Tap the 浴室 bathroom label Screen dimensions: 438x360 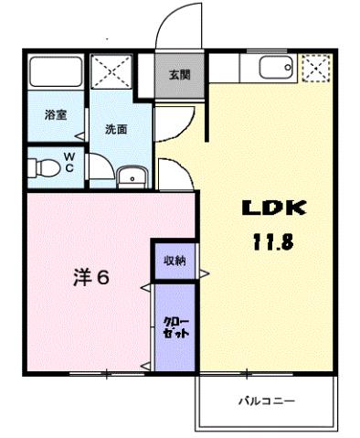pyautogui.click(x=56, y=115)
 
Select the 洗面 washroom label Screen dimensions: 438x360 pyautogui.click(x=116, y=130)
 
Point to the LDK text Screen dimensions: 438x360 pyautogui.click(x=273, y=208)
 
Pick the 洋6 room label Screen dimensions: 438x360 pyautogui.click(x=90, y=277)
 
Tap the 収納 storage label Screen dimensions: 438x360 pyautogui.click(x=175, y=261)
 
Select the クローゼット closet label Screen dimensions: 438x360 pyautogui.click(x=175, y=326)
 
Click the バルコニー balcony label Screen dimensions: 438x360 pyautogui.click(x=268, y=401)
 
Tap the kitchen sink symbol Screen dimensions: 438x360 pyautogui.click(x=274, y=68)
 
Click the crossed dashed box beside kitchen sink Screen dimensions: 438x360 pyautogui.click(x=314, y=68)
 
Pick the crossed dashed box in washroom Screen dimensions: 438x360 pyautogui.click(x=111, y=71)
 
